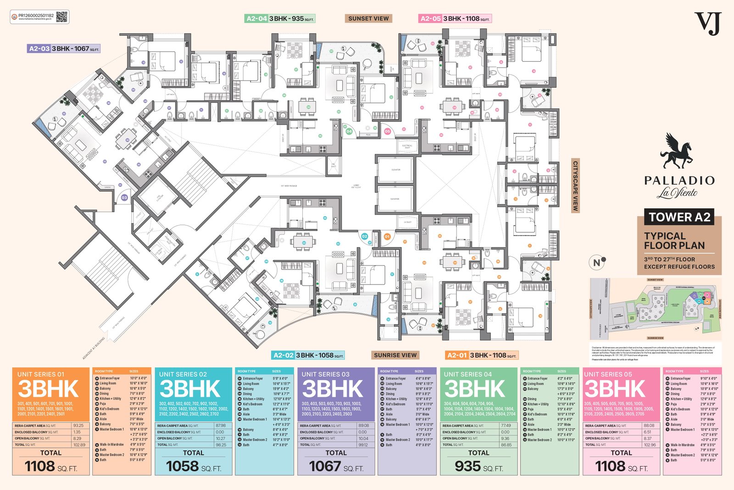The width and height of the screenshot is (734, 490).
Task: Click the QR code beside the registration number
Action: (x=62, y=17)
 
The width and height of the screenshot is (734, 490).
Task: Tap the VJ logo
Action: (x=708, y=23)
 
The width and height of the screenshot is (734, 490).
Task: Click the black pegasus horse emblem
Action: (x=676, y=151)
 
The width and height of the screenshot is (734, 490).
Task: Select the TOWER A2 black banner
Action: (x=679, y=217)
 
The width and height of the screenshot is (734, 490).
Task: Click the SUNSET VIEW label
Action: (x=368, y=19)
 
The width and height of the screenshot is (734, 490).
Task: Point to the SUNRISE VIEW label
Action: (x=395, y=355)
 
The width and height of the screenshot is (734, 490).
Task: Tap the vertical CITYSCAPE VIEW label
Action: (x=575, y=186)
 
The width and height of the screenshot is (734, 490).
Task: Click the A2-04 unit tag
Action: (x=256, y=19)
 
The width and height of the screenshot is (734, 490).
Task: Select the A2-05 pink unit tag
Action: (x=430, y=19)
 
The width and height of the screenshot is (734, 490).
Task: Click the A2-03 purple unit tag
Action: (x=39, y=49)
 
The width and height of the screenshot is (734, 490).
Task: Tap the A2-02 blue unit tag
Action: (x=283, y=355)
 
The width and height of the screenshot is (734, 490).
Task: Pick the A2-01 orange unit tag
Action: (x=456, y=355)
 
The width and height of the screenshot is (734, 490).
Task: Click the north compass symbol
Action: (x=597, y=262)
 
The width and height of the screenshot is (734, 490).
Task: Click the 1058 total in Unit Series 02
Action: (x=182, y=467)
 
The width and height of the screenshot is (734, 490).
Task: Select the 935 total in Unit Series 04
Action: (x=467, y=467)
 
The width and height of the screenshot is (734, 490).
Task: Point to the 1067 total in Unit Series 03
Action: (x=325, y=467)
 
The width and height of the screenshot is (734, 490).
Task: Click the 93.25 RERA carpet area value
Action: (x=78, y=426)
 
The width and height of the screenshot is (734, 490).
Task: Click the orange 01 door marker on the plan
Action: (x=387, y=237)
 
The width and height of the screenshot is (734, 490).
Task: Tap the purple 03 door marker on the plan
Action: (x=124, y=197)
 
